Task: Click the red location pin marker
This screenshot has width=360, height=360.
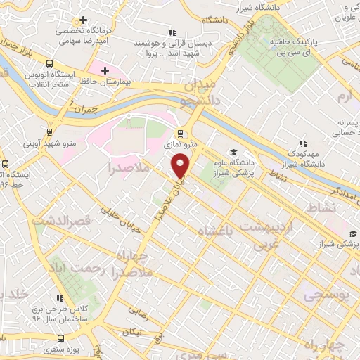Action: [181, 166]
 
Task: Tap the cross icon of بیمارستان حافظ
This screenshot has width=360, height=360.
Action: [105, 70]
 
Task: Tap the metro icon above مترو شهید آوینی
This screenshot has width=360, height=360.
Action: [49, 131]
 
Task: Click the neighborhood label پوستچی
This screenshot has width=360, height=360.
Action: [326, 296]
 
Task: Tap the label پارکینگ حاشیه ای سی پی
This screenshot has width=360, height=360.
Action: [295, 47]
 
